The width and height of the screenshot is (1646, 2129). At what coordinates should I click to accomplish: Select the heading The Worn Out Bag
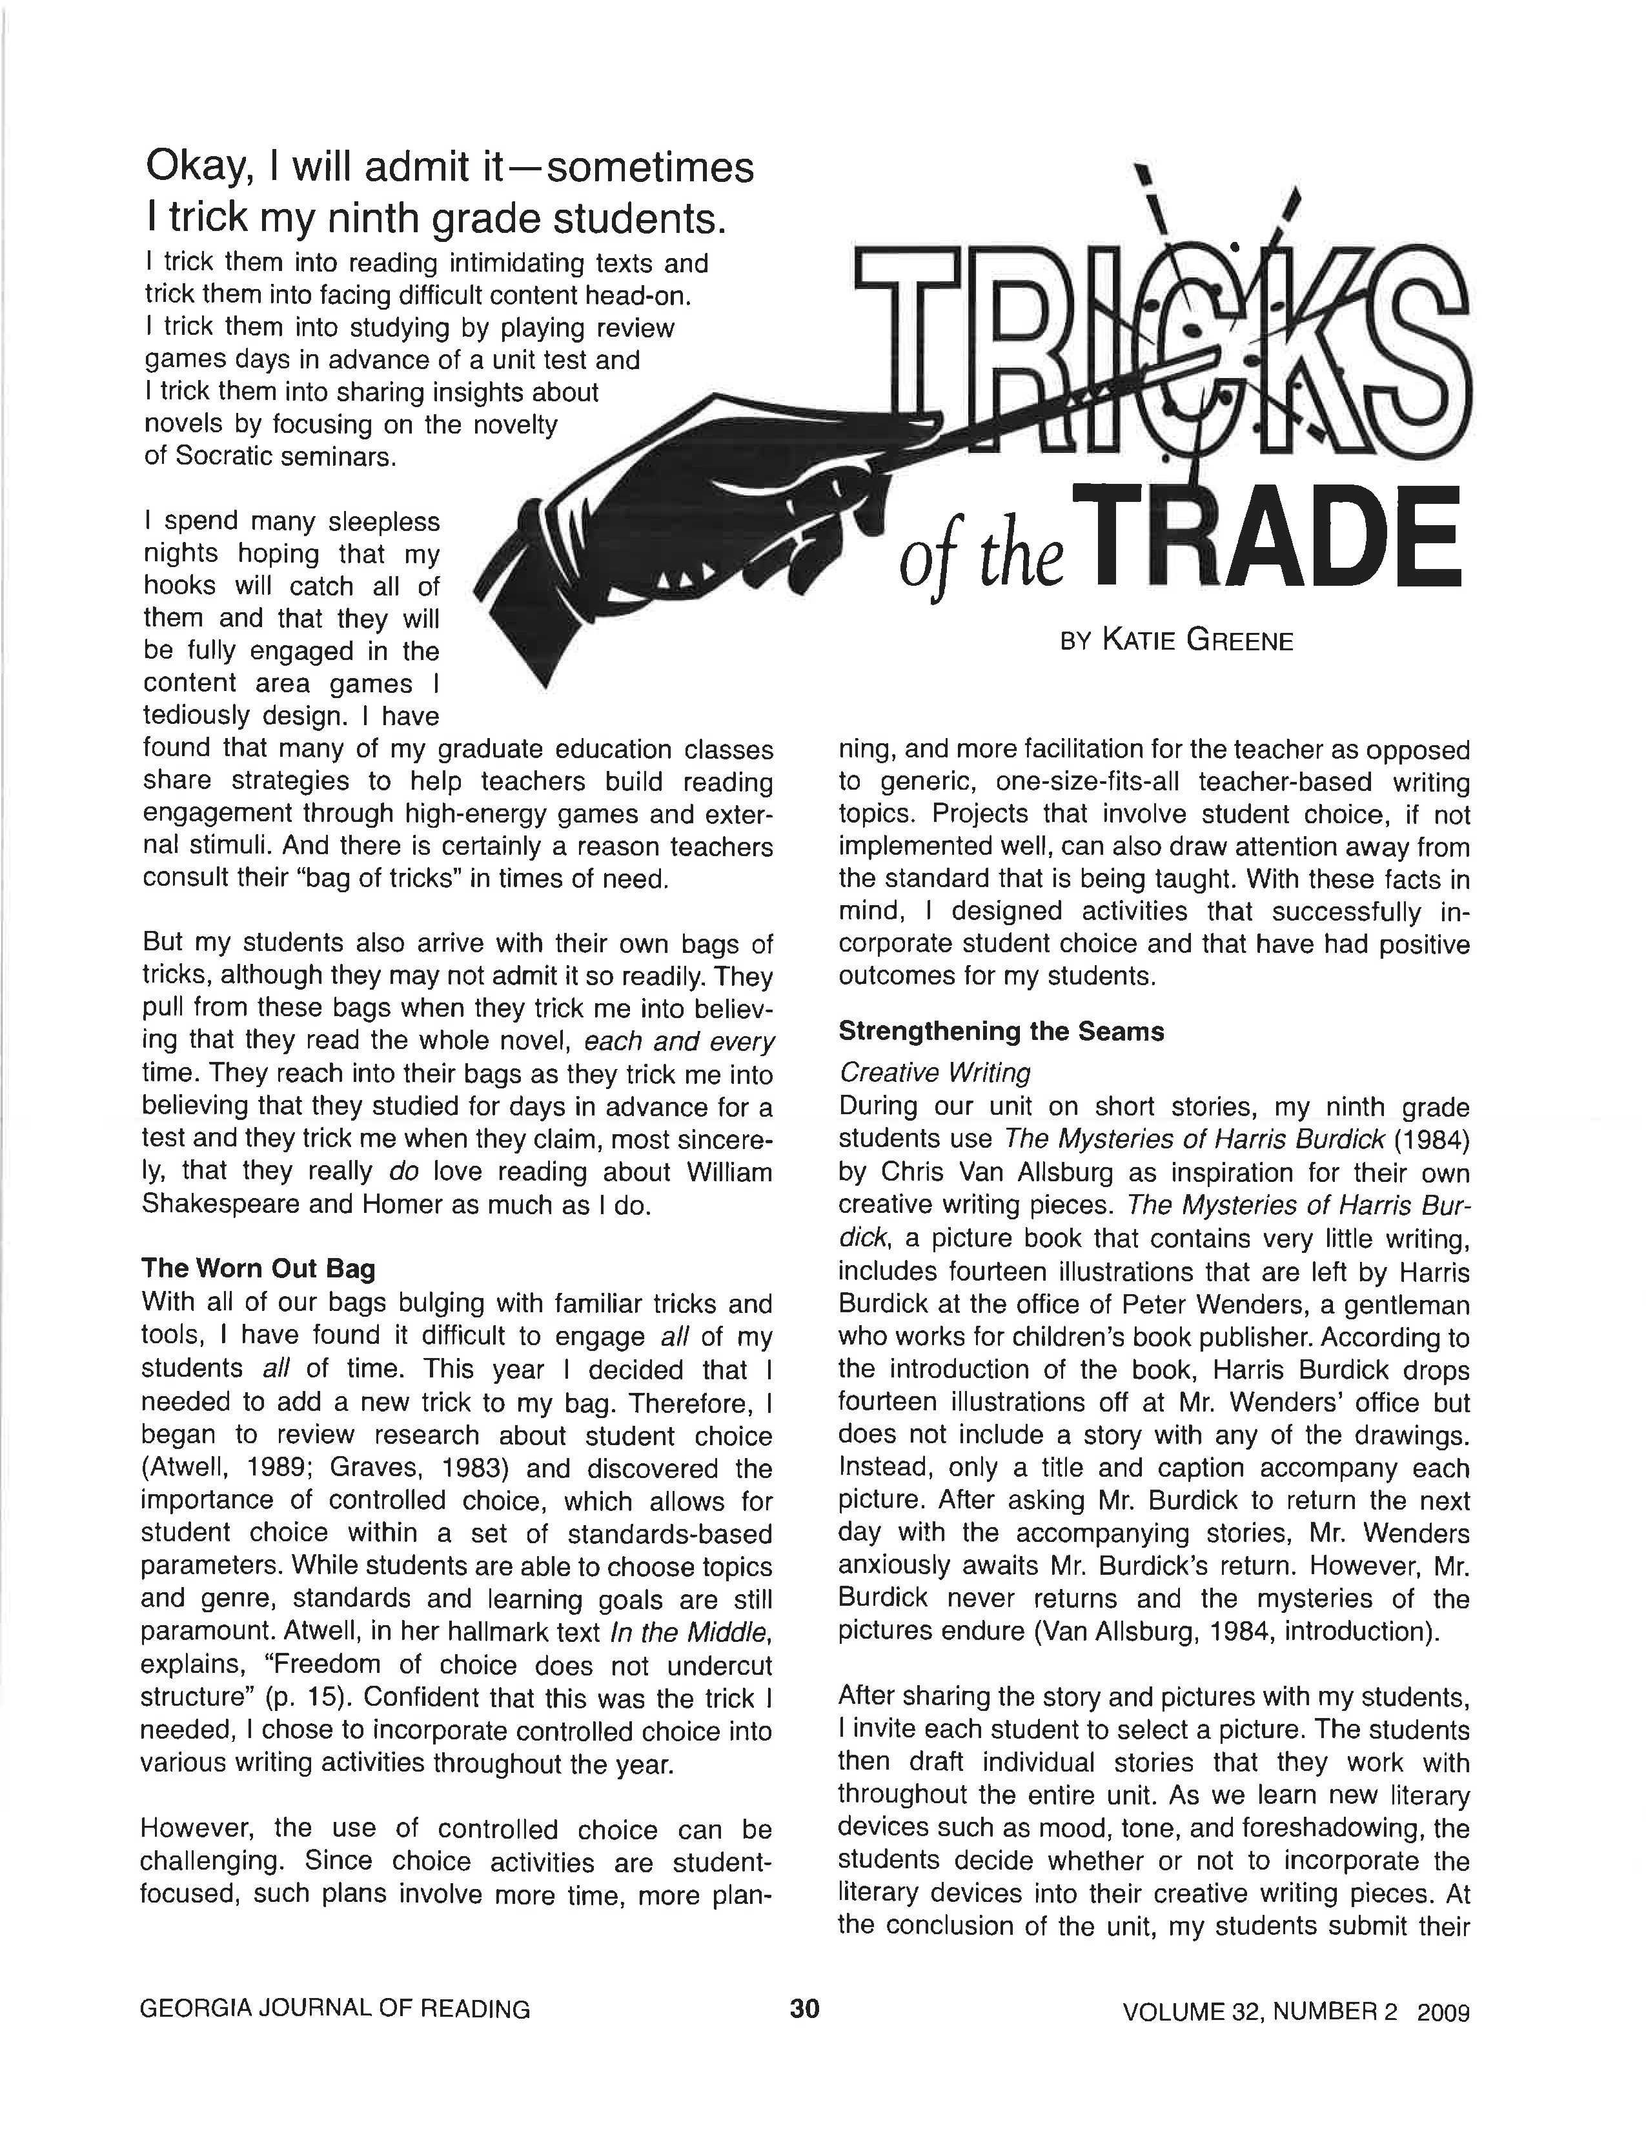click(x=258, y=1268)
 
